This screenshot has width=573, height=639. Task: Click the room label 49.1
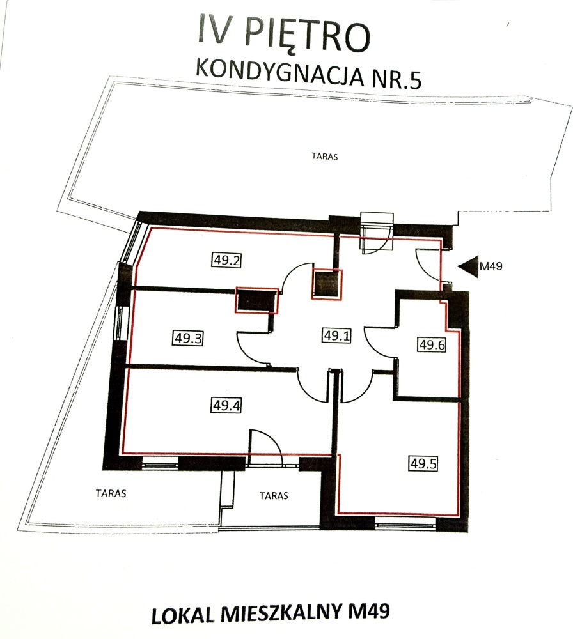[x=337, y=335]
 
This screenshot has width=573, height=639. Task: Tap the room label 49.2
[x=226, y=259]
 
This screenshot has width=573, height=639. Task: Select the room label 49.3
[x=188, y=338]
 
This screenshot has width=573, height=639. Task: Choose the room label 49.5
[x=423, y=463]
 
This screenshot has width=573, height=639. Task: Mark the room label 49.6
[x=432, y=345]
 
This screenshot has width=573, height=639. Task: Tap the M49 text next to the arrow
[x=491, y=266]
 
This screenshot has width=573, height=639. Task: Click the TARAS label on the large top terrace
[x=325, y=156]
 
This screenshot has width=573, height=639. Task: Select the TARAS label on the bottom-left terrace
[x=111, y=493]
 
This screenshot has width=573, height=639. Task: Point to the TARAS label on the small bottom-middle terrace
[x=274, y=496]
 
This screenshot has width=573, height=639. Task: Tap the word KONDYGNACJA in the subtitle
[x=279, y=72]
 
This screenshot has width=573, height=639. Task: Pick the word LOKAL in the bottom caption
[x=183, y=615]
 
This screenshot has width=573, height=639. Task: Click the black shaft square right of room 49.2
[x=327, y=284]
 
